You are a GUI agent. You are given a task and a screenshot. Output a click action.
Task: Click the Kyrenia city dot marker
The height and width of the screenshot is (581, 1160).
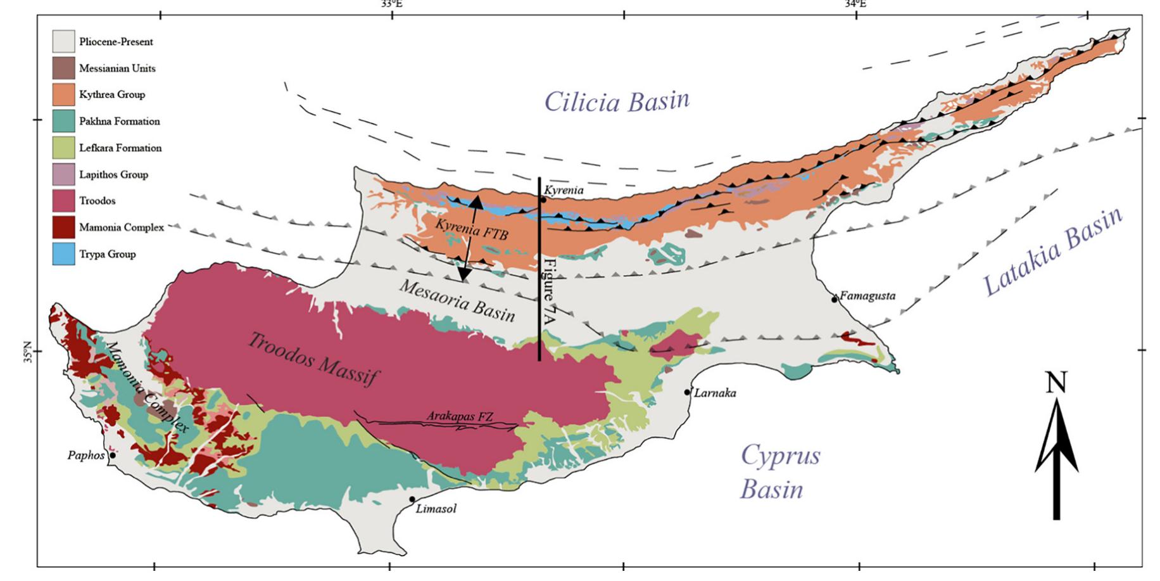tap(543, 200)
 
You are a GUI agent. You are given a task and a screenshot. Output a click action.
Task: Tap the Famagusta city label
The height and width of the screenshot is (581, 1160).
tap(867, 296)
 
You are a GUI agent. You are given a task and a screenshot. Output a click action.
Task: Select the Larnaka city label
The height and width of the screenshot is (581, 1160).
tap(715, 393)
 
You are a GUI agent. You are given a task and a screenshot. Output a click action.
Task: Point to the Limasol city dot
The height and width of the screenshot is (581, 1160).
tap(412, 499)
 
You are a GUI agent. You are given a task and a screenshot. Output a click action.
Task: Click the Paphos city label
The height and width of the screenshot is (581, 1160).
tap(85, 455)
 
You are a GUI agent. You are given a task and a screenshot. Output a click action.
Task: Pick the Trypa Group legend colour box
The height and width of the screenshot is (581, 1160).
tap(63, 254)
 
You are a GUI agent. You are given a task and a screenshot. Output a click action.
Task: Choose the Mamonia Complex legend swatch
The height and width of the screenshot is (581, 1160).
tap(63, 227)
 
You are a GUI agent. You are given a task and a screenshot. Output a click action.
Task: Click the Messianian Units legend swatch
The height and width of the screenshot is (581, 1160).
tap(63, 68)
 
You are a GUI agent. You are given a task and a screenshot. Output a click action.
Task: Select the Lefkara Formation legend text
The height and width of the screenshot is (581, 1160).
tap(120, 148)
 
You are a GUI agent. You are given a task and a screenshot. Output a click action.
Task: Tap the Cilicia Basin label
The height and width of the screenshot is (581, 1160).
tap(616, 101)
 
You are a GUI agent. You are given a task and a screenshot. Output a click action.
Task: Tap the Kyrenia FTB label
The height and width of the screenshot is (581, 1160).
tap(471, 228)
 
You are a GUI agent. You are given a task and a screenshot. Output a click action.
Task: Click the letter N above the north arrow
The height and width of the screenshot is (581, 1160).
tap(1056, 383)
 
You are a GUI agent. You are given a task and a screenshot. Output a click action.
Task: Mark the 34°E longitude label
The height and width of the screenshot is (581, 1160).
tap(855, 4)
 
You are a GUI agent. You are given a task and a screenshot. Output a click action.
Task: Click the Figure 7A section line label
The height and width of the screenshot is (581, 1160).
tap(550, 291)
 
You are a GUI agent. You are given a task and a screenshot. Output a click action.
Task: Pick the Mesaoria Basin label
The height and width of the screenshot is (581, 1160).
tap(457, 301)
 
